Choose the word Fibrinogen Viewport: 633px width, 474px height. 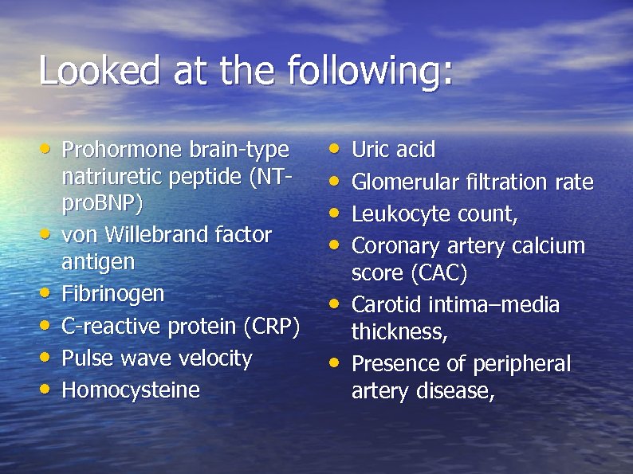point(112,294)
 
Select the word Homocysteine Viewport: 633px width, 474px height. point(131,390)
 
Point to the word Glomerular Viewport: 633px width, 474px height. point(403,182)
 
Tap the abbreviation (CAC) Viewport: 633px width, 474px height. point(438,273)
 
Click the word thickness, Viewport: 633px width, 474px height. point(399,331)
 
